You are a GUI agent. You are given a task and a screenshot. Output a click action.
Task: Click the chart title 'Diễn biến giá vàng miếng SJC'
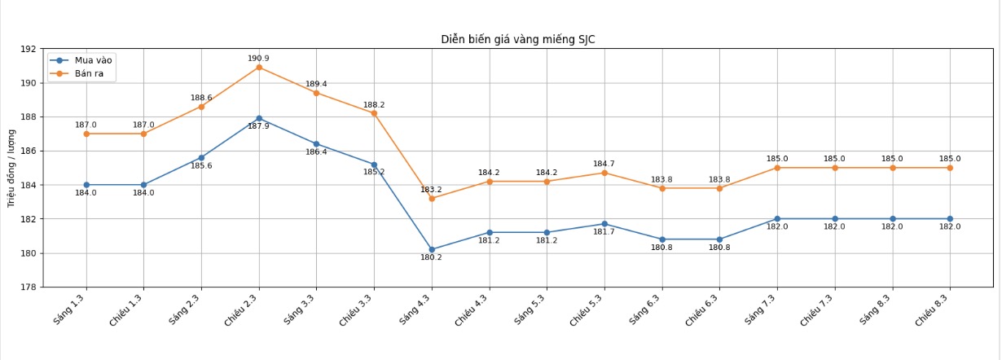click(518, 40)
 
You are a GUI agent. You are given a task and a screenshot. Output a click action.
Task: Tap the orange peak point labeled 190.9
click(259, 67)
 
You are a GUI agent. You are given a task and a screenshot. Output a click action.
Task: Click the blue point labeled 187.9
click(259, 118)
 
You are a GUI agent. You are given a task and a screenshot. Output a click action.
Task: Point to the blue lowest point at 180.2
click(432, 249)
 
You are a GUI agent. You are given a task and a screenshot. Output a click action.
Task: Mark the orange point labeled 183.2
click(432, 198)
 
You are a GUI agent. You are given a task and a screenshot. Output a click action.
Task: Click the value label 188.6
click(201, 98)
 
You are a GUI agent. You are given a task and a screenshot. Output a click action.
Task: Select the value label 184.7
click(604, 164)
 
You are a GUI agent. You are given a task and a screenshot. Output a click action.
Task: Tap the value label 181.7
click(604, 232)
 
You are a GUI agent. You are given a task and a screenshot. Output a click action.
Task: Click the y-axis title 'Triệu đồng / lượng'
click(11, 168)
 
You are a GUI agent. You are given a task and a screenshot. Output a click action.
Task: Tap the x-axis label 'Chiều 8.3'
click(931, 312)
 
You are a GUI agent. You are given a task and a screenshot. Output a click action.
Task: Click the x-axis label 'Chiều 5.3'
click(587, 312)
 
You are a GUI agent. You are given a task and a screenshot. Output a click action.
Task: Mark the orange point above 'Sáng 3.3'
click(316, 93)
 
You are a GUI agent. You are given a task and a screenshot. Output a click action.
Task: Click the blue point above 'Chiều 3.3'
click(374, 165)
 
